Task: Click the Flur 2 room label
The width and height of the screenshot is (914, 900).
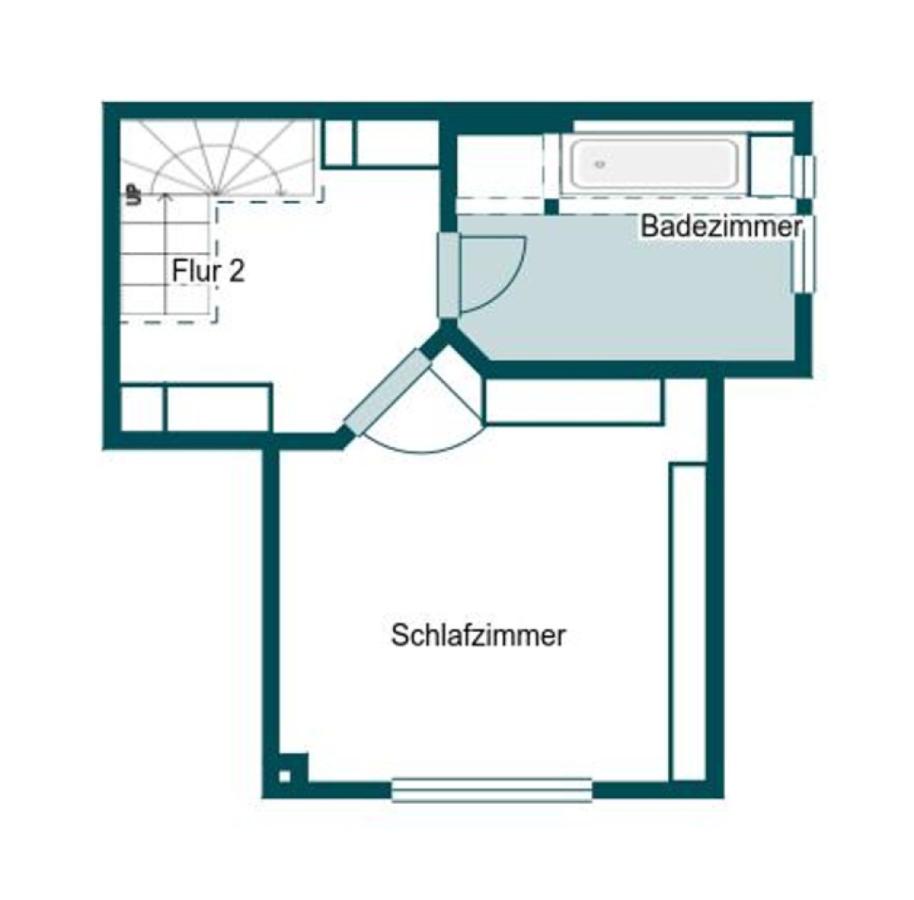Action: [x=208, y=271]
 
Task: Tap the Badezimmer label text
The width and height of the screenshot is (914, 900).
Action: [x=721, y=227]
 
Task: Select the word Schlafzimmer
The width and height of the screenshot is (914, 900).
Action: [x=479, y=636]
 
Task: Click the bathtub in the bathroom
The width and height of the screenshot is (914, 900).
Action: [x=652, y=165]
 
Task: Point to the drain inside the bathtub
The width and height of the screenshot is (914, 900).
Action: [x=600, y=163]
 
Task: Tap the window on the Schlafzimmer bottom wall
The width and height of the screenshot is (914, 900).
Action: [x=491, y=790]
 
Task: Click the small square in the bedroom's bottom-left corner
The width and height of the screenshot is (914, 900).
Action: [x=285, y=775]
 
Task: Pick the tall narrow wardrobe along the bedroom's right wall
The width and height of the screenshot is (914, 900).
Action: [x=688, y=620]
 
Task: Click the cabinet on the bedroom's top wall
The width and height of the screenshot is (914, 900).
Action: [x=573, y=402]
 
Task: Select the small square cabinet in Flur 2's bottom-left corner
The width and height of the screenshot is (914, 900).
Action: [x=142, y=408]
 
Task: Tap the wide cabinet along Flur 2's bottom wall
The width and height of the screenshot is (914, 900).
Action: [x=218, y=408]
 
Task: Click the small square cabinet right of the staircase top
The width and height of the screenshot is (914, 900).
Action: [x=338, y=144]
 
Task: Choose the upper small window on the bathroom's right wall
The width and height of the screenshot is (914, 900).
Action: [x=803, y=176]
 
